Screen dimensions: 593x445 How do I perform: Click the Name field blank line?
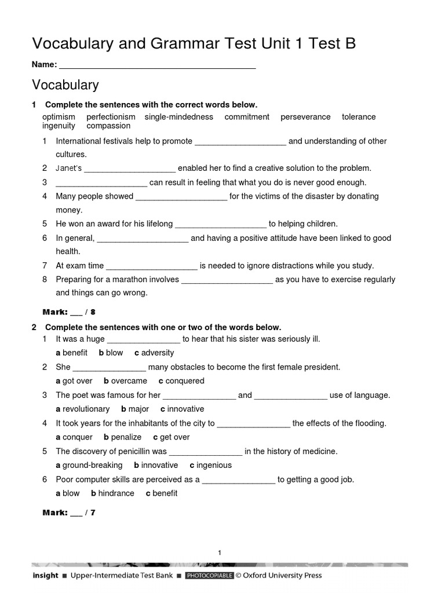click(157, 65)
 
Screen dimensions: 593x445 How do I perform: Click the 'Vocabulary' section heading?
click(65, 85)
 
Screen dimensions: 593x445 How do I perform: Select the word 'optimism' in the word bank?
click(59, 117)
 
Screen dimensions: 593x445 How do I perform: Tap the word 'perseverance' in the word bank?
click(305, 117)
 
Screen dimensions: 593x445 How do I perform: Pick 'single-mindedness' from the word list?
click(178, 117)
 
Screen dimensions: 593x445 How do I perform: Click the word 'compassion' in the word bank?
click(108, 126)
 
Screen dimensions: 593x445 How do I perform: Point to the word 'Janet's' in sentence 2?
click(69, 169)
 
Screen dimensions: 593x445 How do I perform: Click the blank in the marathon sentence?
click(227, 280)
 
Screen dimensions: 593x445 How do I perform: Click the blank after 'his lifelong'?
click(220, 224)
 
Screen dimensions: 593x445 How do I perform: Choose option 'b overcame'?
click(125, 381)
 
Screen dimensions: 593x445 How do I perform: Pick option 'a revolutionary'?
click(82, 409)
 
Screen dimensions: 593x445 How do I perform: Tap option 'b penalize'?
click(122, 437)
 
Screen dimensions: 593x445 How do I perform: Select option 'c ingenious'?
click(210, 465)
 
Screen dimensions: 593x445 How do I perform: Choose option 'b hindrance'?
click(112, 493)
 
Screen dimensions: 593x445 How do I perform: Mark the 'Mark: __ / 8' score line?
click(69, 312)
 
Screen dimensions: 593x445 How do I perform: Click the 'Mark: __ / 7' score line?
click(69, 513)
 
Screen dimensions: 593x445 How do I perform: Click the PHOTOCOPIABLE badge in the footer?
click(209, 576)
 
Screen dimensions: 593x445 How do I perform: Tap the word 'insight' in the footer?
click(45, 576)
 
